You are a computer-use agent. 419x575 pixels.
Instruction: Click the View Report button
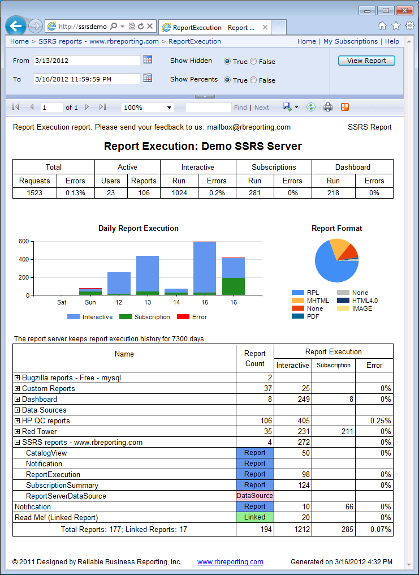[366, 61]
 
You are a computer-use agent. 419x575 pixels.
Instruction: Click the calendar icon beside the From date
[148, 59]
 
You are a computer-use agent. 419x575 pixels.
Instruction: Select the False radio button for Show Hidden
[253, 62]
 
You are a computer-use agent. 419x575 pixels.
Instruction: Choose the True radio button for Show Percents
[227, 80]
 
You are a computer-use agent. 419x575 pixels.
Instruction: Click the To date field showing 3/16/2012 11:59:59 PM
[87, 79]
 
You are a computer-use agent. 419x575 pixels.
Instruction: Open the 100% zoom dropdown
[148, 108]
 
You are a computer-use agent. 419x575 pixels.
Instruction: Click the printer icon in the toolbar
[328, 107]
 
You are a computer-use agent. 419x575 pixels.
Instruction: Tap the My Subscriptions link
[351, 41]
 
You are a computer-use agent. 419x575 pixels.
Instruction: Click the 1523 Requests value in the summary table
[35, 193]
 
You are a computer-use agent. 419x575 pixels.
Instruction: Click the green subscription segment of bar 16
[234, 286]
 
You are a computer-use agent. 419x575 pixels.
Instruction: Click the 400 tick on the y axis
[23, 260]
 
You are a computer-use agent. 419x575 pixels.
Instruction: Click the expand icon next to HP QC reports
[18, 421]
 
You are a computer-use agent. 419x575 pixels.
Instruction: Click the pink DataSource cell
[254, 496]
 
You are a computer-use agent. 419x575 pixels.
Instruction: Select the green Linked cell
[254, 517]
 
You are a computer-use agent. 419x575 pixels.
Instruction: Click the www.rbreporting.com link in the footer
[230, 562]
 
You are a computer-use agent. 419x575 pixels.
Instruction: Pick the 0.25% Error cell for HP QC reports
[374, 421]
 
